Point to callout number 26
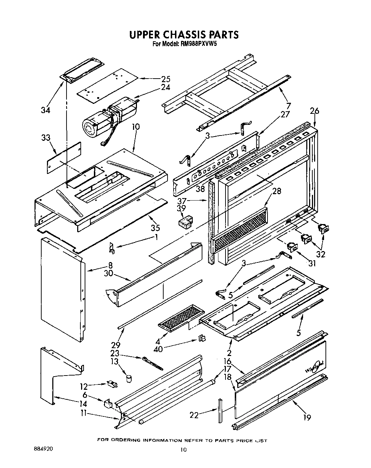[314, 111]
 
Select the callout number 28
[276, 191]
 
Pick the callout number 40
[158, 349]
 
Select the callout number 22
[194, 415]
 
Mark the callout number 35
[155, 228]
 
